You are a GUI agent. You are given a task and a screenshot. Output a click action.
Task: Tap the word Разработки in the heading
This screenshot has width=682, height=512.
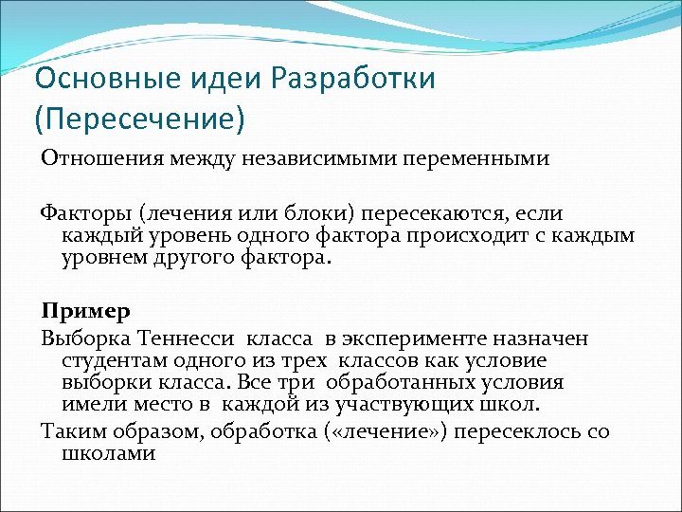point(353,78)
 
